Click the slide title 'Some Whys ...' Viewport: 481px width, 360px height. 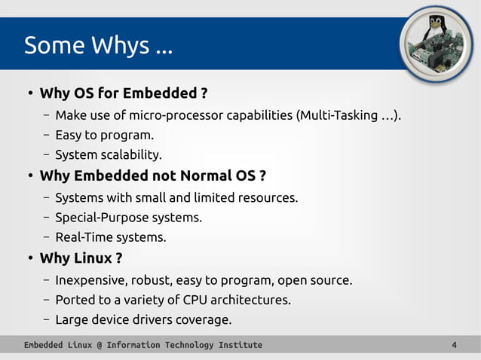tap(98, 46)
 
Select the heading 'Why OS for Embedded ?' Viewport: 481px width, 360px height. tap(123, 94)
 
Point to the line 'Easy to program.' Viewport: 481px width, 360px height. tap(104, 136)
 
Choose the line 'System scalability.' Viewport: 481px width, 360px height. tap(109, 156)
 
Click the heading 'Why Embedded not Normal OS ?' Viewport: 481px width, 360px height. tap(152, 176)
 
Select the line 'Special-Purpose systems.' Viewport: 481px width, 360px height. tap(128, 218)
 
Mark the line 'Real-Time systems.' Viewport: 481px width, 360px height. tap(110, 238)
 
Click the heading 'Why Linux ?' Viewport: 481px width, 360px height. tap(81, 258)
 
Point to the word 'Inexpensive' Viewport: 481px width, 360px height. tap(90, 280)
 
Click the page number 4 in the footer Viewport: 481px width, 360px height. tap(454, 345)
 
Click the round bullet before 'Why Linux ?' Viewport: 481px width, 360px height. tap(29, 259)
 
